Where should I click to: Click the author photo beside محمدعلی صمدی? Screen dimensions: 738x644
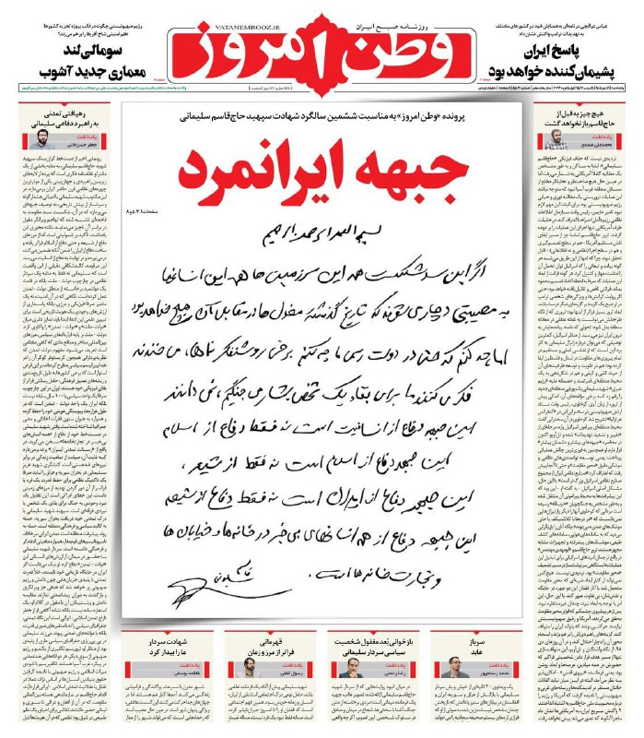(557, 138)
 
